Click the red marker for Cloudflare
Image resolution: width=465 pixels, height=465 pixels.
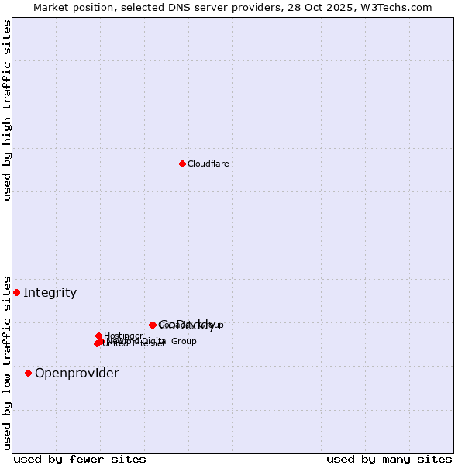click(182, 164)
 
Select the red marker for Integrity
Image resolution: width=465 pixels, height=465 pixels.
click(16, 292)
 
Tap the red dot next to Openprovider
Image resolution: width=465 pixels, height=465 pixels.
click(28, 373)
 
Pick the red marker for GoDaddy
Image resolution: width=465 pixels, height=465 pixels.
click(153, 325)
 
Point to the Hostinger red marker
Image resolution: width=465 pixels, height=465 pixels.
click(99, 336)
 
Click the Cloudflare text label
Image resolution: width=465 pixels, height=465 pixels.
click(208, 164)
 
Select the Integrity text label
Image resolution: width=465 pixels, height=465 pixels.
click(50, 292)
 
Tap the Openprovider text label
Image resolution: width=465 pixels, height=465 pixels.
click(77, 373)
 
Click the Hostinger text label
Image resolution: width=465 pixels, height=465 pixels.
click(123, 336)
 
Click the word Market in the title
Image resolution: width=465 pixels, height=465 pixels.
click(51, 7)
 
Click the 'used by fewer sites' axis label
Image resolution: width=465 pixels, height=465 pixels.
click(80, 459)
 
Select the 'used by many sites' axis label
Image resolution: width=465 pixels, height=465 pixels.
click(389, 459)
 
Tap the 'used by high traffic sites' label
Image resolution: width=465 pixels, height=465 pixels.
click(7, 110)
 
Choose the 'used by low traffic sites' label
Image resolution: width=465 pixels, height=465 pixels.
click(7, 362)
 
